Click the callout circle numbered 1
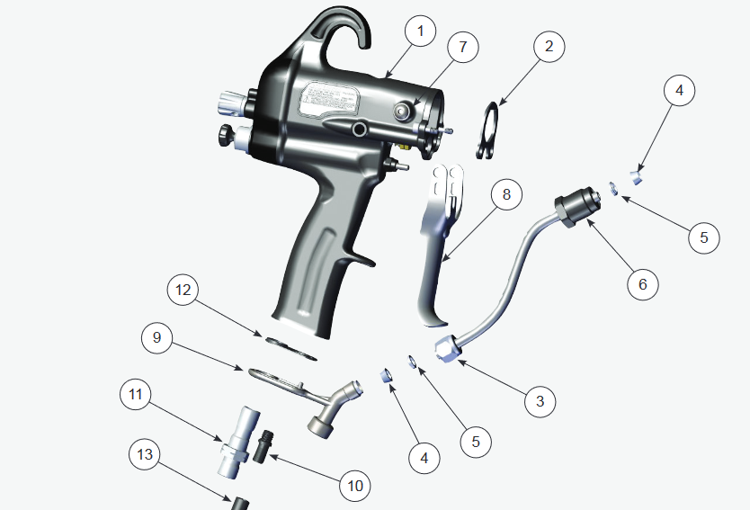(x=418, y=32)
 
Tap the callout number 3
(x=540, y=400)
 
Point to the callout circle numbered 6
(x=642, y=283)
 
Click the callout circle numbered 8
(x=506, y=193)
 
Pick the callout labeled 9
(x=156, y=337)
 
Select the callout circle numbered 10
(x=354, y=486)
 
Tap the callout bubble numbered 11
(x=136, y=394)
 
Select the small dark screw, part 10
(x=265, y=442)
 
